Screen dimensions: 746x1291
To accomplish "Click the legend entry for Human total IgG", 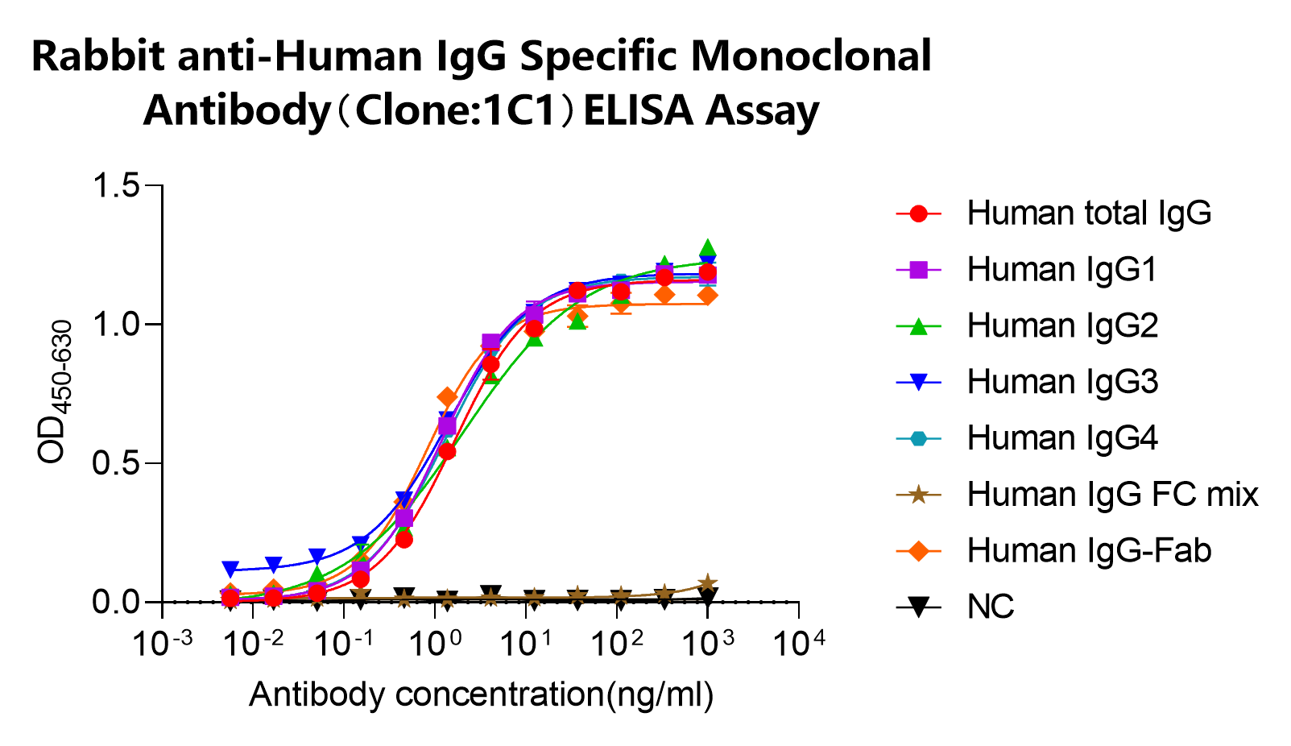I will click(x=1088, y=213).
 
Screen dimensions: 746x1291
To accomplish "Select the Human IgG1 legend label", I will click(x=1061, y=270).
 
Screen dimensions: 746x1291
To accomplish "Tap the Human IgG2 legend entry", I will click(x=1061, y=326).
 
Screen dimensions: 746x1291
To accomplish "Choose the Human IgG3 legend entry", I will click(x=1061, y=382).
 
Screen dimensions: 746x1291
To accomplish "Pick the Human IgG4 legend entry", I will click(x=1061, y=438).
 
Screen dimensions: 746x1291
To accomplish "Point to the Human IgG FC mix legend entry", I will click(x=1112, y=495).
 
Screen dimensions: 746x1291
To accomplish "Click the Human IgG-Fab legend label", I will click(x=1088, y=551).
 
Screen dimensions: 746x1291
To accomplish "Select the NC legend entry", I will click(x=990, y=607).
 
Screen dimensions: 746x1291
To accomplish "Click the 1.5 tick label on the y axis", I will click(x=117, y=186).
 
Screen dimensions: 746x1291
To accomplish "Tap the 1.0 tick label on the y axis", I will click(x=117, y=325).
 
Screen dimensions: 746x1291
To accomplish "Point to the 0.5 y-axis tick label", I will click(x=117, y=464).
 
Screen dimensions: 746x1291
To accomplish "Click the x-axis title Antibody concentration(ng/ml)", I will click(x=481, y=694).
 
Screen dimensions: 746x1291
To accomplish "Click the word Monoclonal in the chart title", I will click(x=810, y=56).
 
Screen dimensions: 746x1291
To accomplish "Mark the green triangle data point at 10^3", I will click(x=708, y=248).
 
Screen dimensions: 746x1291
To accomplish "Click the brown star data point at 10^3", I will click(x=708, y=583).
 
